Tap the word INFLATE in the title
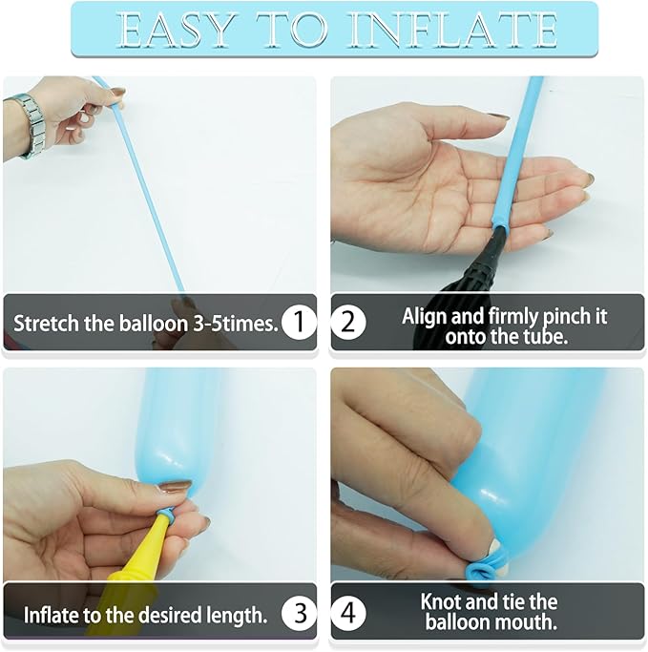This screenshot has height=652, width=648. point(453,30)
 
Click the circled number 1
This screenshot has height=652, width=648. point(299,323)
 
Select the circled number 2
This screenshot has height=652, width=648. point(348,323)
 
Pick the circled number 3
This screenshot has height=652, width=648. point(299,613)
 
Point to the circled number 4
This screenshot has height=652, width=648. point(348,613)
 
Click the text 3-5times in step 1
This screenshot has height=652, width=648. point(236,324)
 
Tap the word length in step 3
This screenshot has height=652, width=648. point(236,616)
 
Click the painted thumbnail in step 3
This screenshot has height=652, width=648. point(176,486)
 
